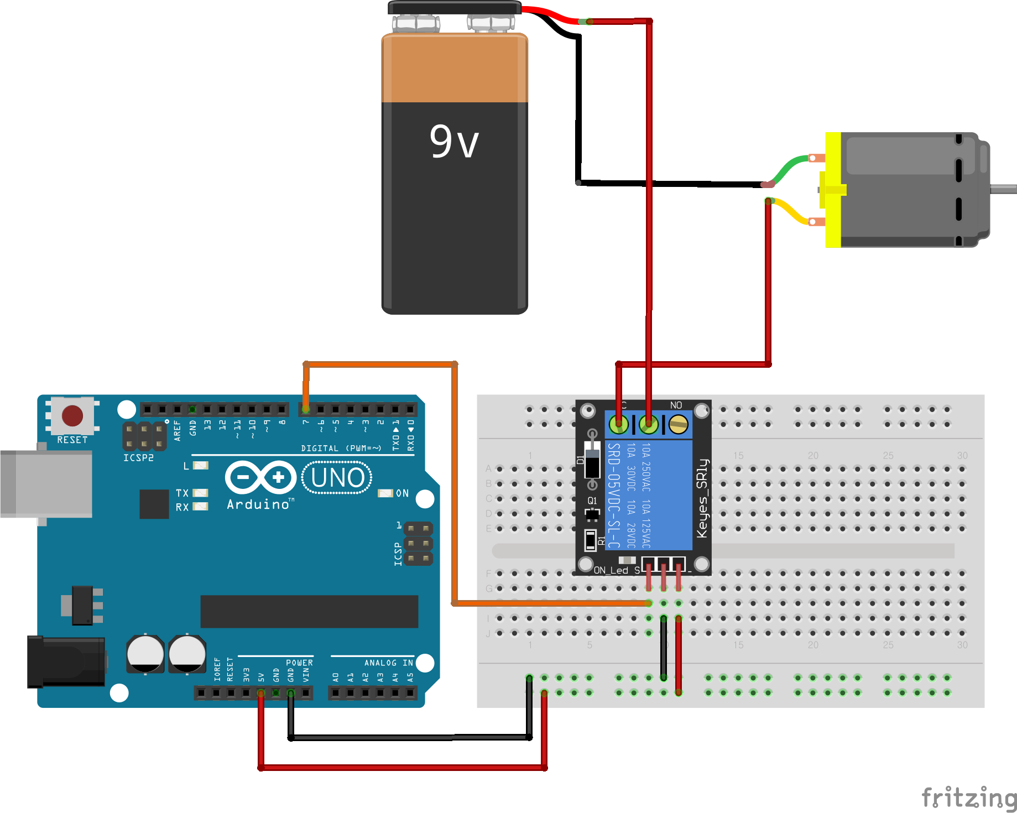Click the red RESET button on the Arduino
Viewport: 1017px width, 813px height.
click(x=72, y=416)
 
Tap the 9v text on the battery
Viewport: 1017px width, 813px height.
click(x=454, y=142)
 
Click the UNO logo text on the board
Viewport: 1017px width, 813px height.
click(x=337, y=478)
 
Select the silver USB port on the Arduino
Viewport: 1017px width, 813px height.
click(x=47, y=484)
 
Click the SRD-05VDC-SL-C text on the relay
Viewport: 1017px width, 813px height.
click(x=614, y=495)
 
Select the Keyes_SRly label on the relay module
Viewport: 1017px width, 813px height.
click(x=702, y=498)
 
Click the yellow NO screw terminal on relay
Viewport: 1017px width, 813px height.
click(x=678, y=425)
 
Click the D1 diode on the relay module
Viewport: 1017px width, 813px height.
click(x=592, y=460)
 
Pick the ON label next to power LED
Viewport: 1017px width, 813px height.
click(x=402, y=493)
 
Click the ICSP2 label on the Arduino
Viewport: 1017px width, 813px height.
click(x=138, y=458)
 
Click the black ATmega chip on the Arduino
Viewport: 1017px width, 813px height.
click(x=309, y=611)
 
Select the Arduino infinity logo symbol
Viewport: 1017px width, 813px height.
click(x=261, y=477)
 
